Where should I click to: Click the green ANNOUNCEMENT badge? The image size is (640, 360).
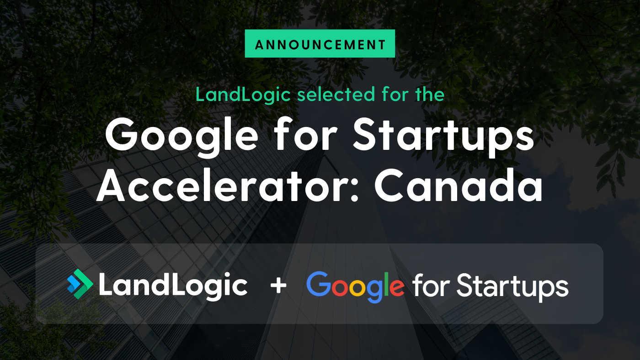point(320,44)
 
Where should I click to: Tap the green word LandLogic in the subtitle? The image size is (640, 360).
point(243,95)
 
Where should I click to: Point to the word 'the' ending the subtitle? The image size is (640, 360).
point(429,95)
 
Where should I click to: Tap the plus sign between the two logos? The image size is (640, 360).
point(278,285)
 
